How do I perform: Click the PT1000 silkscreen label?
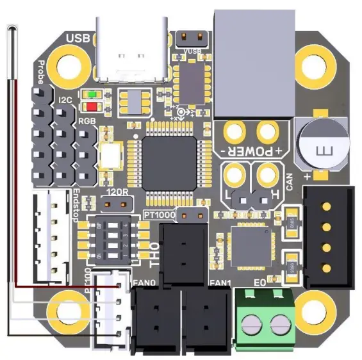(160, 213)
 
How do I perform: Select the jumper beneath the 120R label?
(119, 206)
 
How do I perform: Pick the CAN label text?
(289, 181)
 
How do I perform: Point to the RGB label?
(86, 120)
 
